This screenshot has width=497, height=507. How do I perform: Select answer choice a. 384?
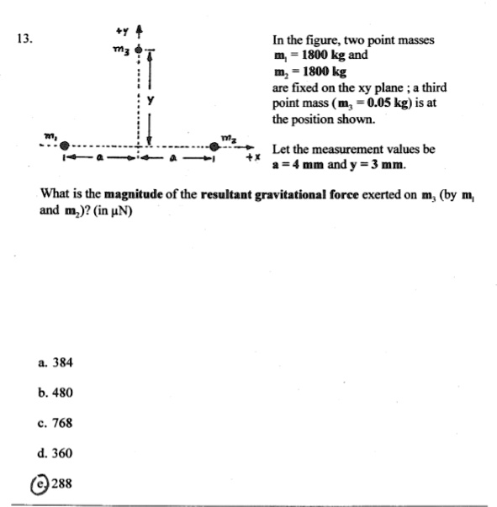pos(56,362)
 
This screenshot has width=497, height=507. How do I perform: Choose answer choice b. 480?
pos(56,393)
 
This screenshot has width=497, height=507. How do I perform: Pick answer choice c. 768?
pos(56,423)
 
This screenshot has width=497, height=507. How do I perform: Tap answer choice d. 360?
pos(56,453)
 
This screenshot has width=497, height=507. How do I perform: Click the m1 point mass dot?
pos(65,146)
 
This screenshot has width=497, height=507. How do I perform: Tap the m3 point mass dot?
pos(140,49)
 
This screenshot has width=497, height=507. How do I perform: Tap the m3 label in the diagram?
pos(121,50)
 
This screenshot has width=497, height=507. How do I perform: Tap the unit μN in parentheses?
pos(119,210)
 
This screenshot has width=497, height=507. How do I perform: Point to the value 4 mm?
pos(304,164)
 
